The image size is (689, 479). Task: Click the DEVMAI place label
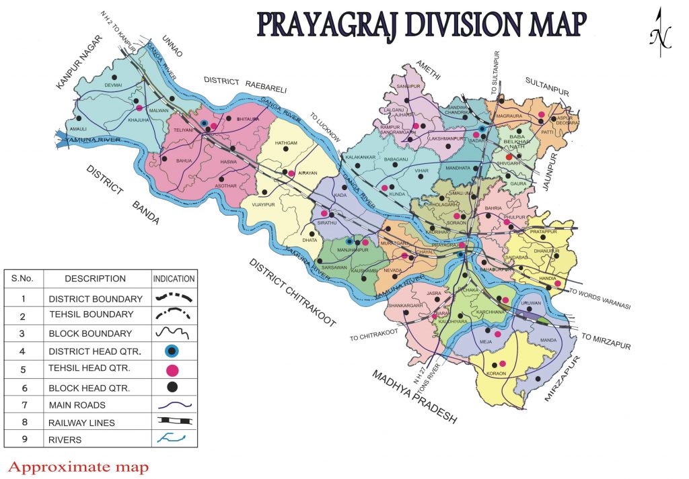[x=114, y=86]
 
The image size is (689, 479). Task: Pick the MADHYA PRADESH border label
[x=414, y=396]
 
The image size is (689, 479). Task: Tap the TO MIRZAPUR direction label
[x=606, y=341]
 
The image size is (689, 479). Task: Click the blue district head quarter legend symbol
[x=173, y=351]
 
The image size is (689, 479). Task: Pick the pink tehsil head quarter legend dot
[x=173, y=369]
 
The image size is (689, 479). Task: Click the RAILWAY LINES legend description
[x=82, y=423]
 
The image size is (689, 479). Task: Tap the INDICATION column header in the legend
[x=174, y=278]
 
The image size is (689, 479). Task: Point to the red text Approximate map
[x=78, y=466]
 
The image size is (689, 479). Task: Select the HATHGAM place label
[x=286, y=143]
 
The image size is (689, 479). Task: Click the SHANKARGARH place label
[x=404, y=306]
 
